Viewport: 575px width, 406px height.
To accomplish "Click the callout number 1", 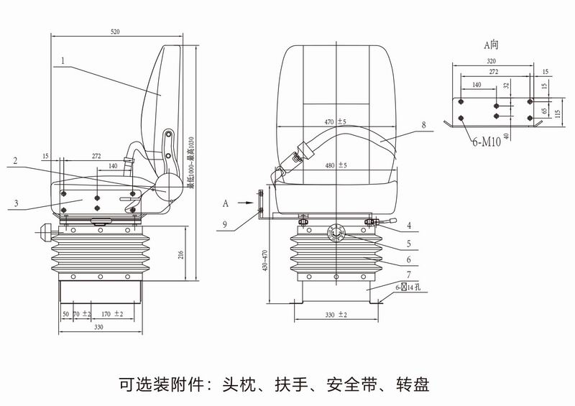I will pyautogui.click(x=63, y=61).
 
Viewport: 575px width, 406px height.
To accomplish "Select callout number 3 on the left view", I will pyautogui.click(x=15, y=204).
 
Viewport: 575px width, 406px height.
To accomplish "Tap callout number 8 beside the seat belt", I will pyautogui.click(x=423, y=125).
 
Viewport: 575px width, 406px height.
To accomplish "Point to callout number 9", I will pyautogui.click(x=225, y=225).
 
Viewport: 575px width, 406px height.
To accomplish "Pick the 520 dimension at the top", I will pyautogui.click(x=115, y=32).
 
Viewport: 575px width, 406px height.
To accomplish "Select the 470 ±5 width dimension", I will pyautogui.click(x=335, y=121).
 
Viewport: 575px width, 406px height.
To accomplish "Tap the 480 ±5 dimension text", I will pyautogui.click(x=335, y=166).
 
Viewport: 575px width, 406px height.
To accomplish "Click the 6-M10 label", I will pyautogui.click(x=487, y=142).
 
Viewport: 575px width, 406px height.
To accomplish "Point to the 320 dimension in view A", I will pyautogui.click(x=492, y=62).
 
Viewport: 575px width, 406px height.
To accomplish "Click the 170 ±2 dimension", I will pyautogui.click(x=111, y=314).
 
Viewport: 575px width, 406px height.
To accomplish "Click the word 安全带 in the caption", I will pyautogui.click(x=349, y=384).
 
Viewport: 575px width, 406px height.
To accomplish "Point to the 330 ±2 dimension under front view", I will pyautogui.click(x=336, y=315).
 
